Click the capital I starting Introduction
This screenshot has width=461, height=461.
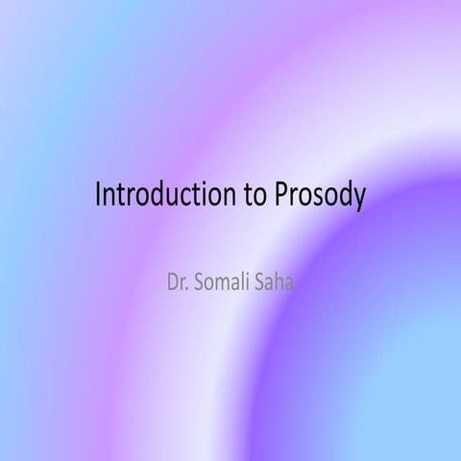[98, 195]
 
